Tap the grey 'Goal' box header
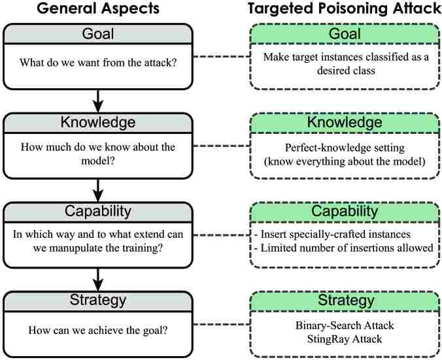pos(97,34)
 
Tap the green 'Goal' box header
pos(346,34)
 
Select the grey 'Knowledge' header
pos(97,123)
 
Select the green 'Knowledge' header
pos(346,123)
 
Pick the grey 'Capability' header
pos(97,212)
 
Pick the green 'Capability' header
pos(346,212)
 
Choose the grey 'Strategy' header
pos(97,301)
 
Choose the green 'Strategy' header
pos(346,301)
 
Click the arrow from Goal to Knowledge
pos(97,99)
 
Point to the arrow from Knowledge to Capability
pos(97,189)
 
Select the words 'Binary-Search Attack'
pos(346,325)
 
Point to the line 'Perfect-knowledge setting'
pos(346,147)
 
